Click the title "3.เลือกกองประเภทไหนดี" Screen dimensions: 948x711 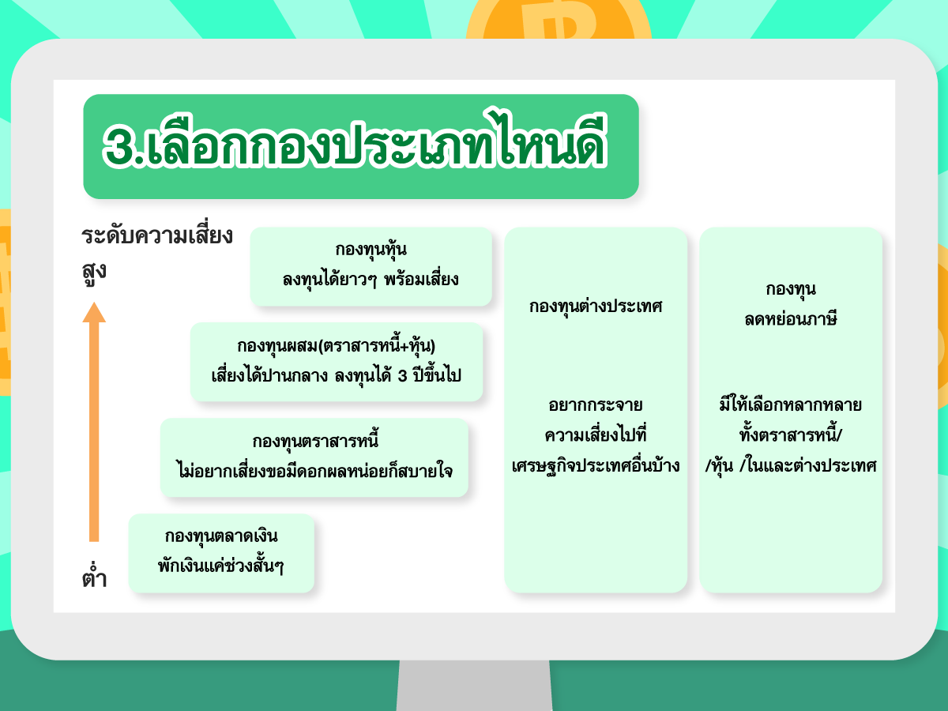click(x=355, y=141)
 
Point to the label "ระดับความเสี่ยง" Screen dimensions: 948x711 click(x=157, y=236)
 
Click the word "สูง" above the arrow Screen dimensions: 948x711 click(x=94, y=273)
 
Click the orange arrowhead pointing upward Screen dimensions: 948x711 click(x=94, y=313)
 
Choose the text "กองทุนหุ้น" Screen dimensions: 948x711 click(x=371, y=249)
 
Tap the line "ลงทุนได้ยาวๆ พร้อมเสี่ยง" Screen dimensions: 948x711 click(x=371, y=280)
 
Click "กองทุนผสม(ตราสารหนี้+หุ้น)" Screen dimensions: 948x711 click(x=337, y=345)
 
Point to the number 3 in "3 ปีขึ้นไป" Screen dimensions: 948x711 click(x=403, y=377)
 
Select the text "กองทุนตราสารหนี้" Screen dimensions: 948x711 click(x=316, y=440)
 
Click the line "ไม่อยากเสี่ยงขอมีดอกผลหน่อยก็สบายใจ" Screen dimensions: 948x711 click(x=315, y=471)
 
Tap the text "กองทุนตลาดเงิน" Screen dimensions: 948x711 click(x=221, y=536)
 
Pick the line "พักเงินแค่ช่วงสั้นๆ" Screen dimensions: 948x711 click(x=220, y=565)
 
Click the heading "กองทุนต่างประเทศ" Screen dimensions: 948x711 click(x=596, y=307)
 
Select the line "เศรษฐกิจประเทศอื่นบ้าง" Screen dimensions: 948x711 click(x=596, y=466)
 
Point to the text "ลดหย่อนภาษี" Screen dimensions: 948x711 click(x=791, y=318)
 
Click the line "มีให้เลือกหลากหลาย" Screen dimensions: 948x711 click(x=791, y=405)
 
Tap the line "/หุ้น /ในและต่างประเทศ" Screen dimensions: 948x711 click(x=791, y=465)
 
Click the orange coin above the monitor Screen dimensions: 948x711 click(x=558, y=20)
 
